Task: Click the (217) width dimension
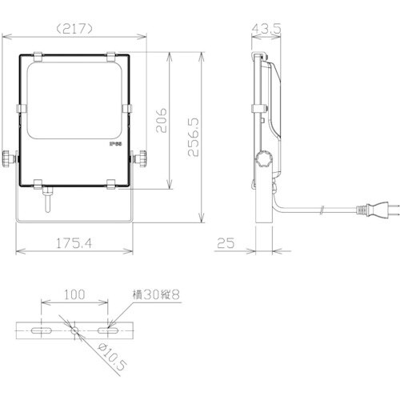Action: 77,27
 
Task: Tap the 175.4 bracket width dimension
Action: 76,241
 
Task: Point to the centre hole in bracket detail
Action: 74,329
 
